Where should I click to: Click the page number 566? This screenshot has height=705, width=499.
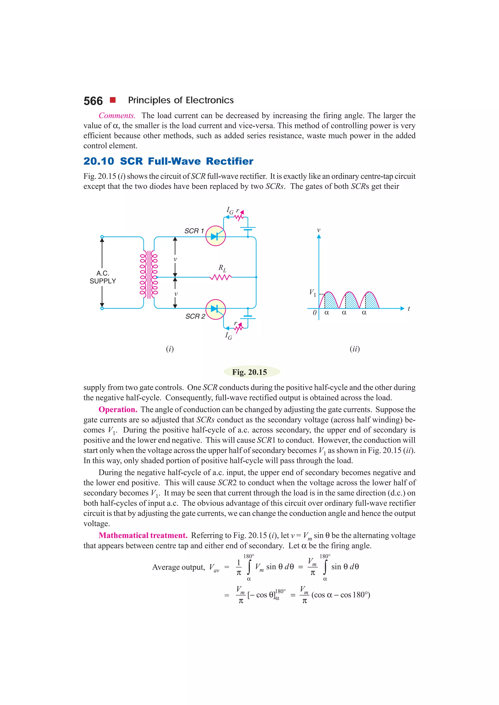coord(93,101)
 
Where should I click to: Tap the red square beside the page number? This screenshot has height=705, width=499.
coord(113,100)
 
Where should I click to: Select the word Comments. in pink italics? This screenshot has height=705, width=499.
coord(117,116)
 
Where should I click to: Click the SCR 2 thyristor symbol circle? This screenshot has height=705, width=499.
coord(216,309)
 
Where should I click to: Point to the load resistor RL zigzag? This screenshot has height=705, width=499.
coord(221,277)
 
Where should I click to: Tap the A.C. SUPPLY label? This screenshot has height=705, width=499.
coord(103,277)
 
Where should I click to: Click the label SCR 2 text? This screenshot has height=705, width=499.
coord(195,316)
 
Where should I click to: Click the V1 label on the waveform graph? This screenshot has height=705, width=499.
coord(312,293)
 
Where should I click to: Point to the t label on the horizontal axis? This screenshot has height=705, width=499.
coord(409,309)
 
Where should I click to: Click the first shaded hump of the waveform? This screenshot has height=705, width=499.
coord(331,301)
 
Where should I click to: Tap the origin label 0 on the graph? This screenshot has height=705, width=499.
coord(314,313)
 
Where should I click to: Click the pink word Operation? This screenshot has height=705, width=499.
coord(118,409)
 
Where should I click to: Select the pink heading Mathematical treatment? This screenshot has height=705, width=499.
coord(143,535)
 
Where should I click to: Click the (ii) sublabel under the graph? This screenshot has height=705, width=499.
coord(355,349)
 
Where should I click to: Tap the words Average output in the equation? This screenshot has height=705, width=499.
coord(178,567)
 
